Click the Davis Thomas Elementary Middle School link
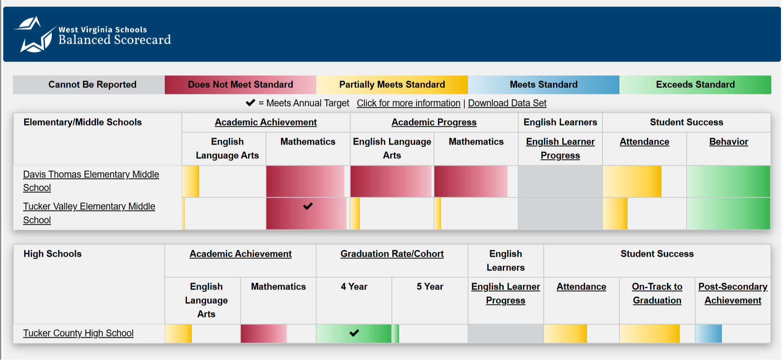point(91,175)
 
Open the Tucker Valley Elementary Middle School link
point(89,207)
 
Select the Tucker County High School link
point(78,333)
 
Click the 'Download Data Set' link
point(507,103)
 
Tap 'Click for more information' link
point(408,103)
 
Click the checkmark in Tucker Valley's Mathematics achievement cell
point(308,206)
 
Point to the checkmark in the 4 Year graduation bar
point(354,333)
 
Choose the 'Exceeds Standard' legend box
point(695,85)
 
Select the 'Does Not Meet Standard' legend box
point(240,85)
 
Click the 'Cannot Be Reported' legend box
point(92,85)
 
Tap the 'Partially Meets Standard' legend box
point(392,85)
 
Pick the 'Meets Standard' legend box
point(543,85)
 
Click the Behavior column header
point(728,142)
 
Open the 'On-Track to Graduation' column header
point(657,293)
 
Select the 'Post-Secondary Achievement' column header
point(733,293)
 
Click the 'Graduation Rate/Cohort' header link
point(392,254)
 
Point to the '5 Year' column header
point(430,287)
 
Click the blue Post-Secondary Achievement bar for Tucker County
point(709,334)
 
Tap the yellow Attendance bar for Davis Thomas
point(632,181)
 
